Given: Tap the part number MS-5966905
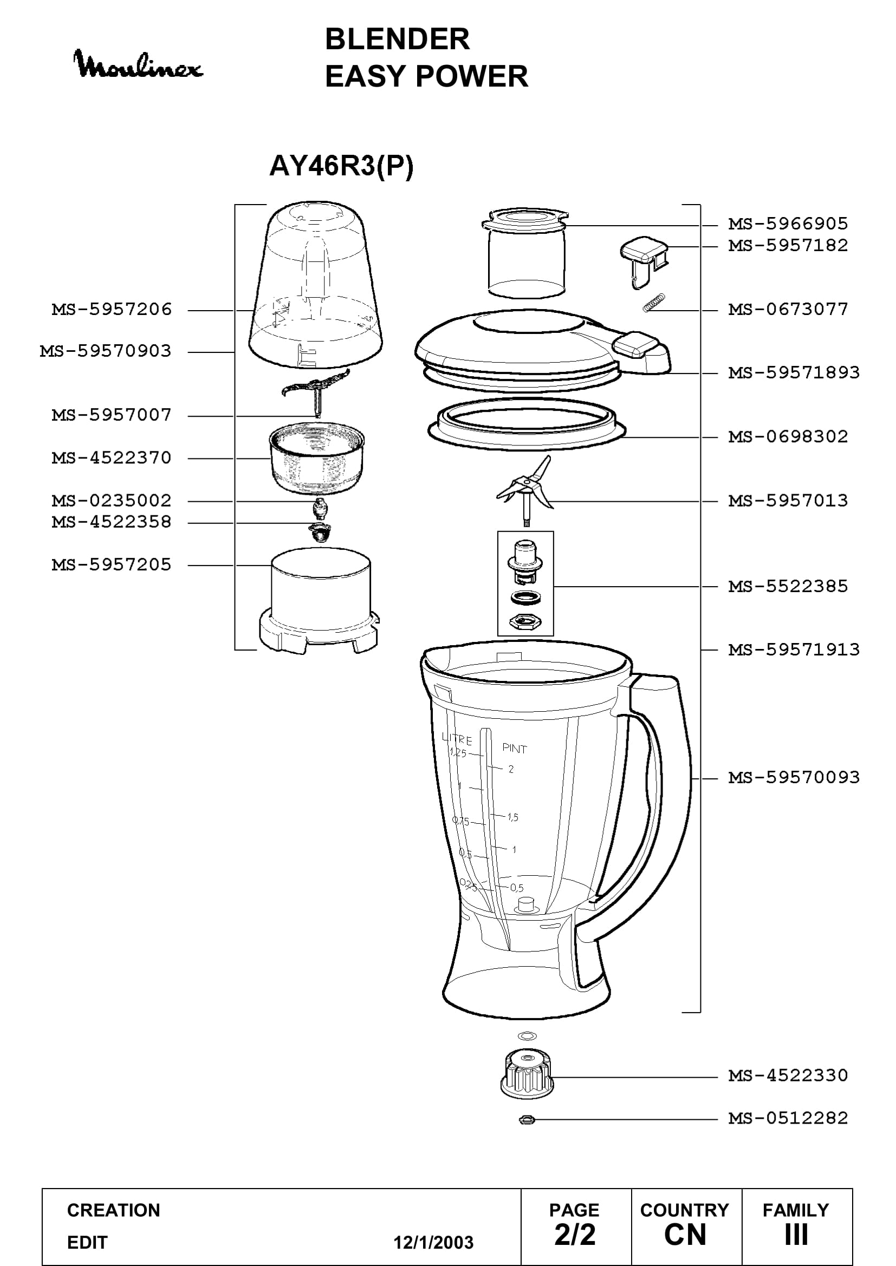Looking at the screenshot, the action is click(x=788, y=224).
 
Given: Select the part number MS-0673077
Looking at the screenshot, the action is click(x=788, y=310).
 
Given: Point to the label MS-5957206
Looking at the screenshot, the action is click(x=112, y=310).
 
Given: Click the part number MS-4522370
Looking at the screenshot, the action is click(x=112, y=458).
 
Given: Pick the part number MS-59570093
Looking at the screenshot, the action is click(x=794, y=777).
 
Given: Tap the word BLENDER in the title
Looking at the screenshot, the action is click(x=397, y=39).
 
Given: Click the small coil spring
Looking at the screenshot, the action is click(x=654, y=303).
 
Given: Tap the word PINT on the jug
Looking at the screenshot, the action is click(x=514, y=748).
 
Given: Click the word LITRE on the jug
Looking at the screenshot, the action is click(x=457, y=739).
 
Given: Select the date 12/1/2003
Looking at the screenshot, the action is click(x=433, y=1243).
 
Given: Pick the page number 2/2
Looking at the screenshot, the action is click(x=575, y=1236).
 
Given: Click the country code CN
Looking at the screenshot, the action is click(x=685, y=1236).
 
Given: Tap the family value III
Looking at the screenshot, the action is click(x=796, y=1236).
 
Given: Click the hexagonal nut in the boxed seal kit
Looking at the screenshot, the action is click(x=525, y=621).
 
